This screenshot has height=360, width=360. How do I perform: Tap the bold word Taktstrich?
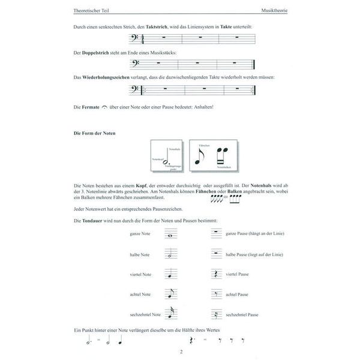click(x=152, y=28)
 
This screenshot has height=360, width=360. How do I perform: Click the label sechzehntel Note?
click(x=145, y=314)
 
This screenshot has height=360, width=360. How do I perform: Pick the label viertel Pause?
click(x=238, y=274)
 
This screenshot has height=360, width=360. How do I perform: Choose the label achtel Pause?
click(x=238, y=294)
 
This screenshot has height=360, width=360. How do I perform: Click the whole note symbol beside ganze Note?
click(x=171, y=236)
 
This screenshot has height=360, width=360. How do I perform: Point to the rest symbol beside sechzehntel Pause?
click(x=215, y=314)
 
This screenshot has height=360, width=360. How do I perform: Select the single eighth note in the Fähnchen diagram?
click(x=200, y=157)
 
